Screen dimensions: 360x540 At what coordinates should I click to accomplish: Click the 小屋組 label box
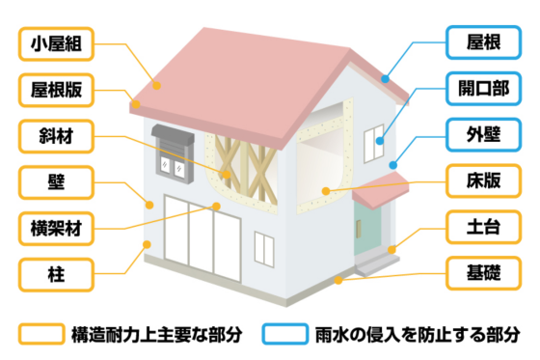click(55, 44)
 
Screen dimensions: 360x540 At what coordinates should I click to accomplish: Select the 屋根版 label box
click(55, 91)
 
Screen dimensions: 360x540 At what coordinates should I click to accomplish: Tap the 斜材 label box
click(55, 136)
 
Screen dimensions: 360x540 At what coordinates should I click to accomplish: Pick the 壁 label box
click(55, 181)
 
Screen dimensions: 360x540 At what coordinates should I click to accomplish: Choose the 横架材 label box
click(55, 228)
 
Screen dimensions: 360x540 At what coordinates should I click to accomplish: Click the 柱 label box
click(55, 273)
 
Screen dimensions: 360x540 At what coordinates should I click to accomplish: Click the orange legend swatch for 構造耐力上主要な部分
click(40, 334)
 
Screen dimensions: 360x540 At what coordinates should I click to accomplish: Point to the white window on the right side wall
click(372, 144)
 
